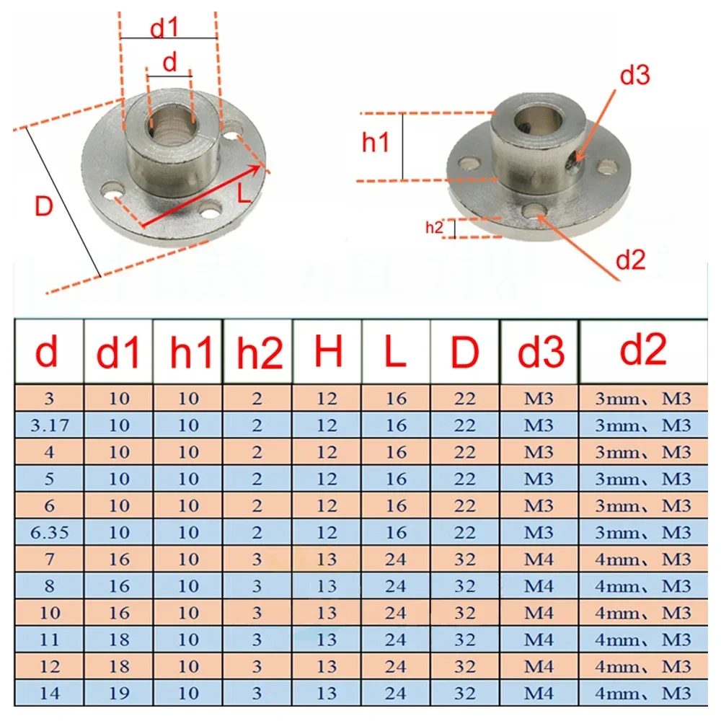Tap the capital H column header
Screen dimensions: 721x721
(x=327, y=353)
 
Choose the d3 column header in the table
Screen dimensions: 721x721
(x=539, y=353)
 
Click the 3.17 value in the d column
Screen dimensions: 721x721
(x=50, y=425)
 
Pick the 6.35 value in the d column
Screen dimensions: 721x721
(x=50, y=532)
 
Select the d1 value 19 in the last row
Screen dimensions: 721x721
(x=119, y=693)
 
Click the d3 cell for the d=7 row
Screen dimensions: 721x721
(x=539, y=559)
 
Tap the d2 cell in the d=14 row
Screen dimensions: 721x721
(x=650, y=693)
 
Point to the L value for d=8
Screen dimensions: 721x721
(x=396, y=586)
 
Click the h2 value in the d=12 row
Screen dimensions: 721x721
(x=257, y=666)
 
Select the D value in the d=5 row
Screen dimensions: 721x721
(x=465, y=479)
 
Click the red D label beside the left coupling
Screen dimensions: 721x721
(x=44, y=208)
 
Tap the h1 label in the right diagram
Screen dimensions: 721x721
(x=376, y=143)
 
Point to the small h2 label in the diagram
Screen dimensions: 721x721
(x=433, y=227)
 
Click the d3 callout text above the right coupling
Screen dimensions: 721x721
(x=634, y=75)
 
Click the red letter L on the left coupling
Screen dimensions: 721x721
(x=244, y=193)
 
